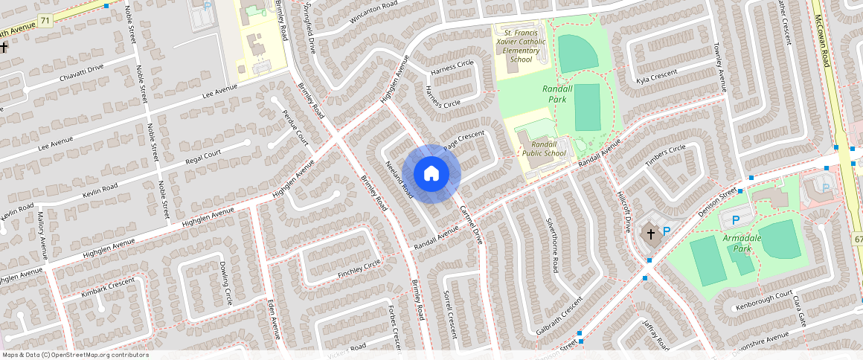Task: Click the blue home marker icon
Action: (431, 173)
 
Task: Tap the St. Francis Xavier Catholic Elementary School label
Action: (524, 46)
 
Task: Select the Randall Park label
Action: (558, 93)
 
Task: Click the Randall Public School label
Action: (544, 148)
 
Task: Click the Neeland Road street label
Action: (398, 179)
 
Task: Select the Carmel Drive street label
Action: (471, 225)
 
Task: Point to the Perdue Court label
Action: (295, 126)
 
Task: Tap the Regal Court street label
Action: (203, 155)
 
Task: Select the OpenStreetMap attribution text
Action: (74, 355)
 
